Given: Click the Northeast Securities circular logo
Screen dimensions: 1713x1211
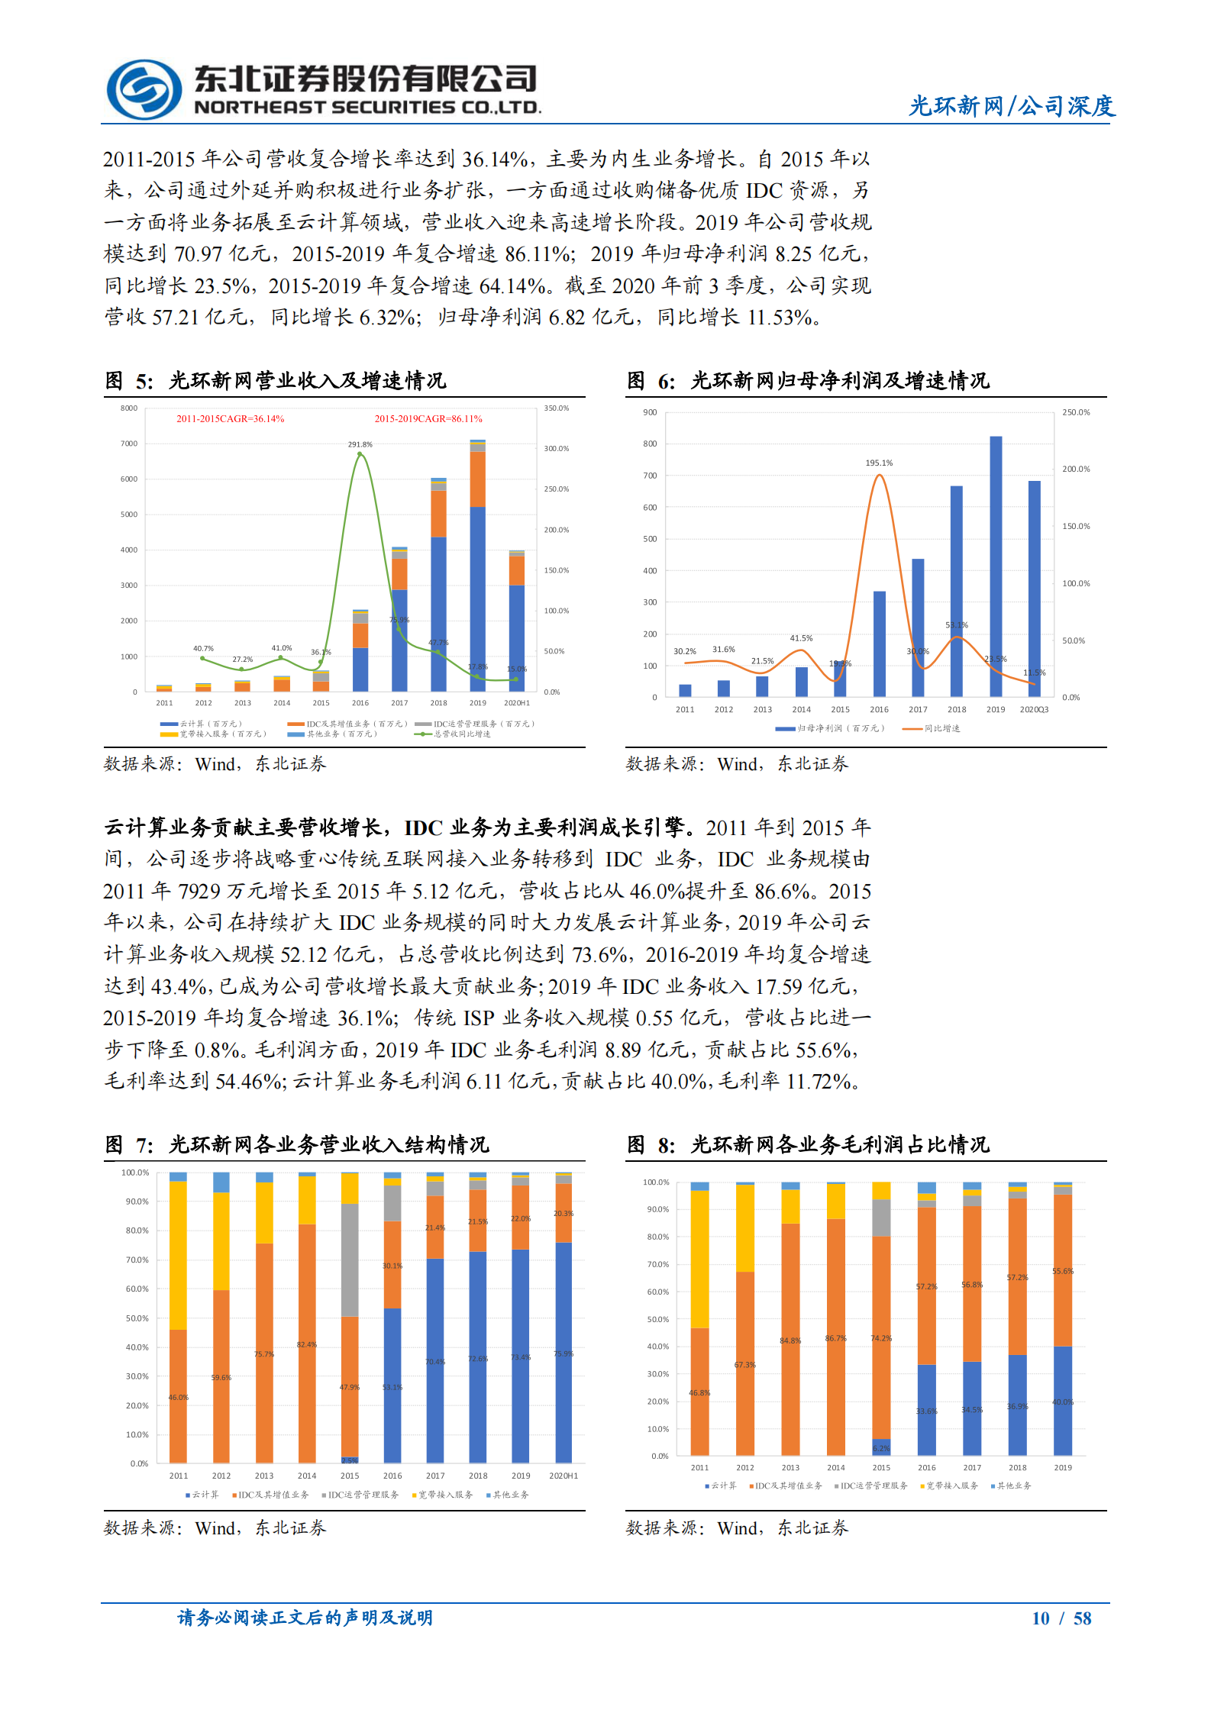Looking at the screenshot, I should click(144, 90).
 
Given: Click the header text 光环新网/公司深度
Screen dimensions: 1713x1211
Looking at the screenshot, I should click(1011, 106).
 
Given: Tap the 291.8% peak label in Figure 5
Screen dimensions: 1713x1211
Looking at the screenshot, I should click(360, 444).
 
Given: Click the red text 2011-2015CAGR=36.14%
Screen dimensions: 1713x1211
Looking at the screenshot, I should click(230, 419).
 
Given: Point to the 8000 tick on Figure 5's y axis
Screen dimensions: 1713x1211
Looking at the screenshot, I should click(128, 408).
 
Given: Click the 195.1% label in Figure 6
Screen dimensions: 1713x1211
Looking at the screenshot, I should click(879, 463).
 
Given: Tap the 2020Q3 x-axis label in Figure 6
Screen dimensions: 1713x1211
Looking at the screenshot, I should click(1034, 710).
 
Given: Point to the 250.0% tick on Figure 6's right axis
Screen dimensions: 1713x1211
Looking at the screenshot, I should click(1075, 412).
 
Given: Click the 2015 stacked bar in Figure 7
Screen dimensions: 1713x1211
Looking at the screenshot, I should click(350, 1317).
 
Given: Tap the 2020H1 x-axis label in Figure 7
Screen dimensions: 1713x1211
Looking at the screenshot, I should click(563, 1476).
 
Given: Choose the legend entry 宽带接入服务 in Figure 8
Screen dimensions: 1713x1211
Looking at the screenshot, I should click(951, 1486).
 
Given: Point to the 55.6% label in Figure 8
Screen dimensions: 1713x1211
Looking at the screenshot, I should click(1062, 1271).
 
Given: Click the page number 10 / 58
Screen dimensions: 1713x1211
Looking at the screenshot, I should click(1061, 1618).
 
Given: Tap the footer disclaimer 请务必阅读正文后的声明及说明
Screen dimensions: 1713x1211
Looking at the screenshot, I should click(305, 1618).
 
